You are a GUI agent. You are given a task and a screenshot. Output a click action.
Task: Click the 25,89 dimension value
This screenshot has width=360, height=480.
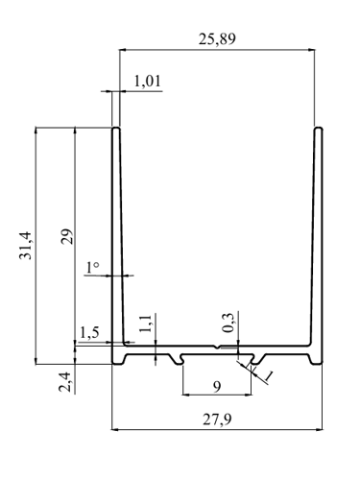(217, 39)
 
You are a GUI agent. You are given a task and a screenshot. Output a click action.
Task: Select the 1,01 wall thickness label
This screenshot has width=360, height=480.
(147, 82)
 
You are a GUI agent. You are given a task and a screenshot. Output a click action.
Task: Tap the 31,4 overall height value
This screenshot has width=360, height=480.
(26, 245)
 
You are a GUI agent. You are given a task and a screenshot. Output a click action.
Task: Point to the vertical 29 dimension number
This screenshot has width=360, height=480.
(67, 236)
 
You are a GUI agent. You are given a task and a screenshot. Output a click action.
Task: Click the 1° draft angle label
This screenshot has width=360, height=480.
(92, 268)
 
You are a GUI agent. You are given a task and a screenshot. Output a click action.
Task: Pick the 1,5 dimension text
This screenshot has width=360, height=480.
(89, 333)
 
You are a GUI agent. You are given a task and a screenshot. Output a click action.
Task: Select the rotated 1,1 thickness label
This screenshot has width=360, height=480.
(146, 324)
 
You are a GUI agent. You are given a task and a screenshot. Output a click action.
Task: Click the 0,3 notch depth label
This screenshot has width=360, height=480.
(228, 323)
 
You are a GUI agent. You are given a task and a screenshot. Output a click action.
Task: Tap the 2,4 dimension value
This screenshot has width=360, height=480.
(64, 381)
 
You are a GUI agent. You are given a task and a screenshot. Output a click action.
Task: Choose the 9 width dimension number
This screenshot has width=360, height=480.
(217, 387)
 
